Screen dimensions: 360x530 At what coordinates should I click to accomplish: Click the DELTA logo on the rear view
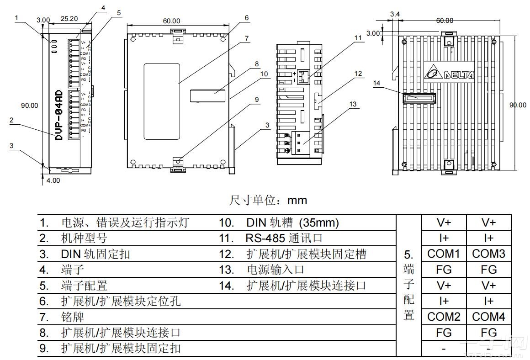450,73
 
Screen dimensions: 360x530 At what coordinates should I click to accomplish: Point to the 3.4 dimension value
395,15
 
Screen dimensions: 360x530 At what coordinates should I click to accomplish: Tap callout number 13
352,104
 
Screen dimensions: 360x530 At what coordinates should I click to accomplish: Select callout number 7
247,38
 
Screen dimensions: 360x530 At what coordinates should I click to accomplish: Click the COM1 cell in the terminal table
444,254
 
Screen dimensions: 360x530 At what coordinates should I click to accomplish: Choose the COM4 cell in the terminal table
488,317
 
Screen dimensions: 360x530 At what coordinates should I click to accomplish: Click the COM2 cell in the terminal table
444,317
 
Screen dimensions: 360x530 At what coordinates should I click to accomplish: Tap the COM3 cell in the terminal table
488,254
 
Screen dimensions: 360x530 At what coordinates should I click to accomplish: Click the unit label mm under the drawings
297,201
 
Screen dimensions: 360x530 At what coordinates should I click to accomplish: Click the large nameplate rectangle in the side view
162,101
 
